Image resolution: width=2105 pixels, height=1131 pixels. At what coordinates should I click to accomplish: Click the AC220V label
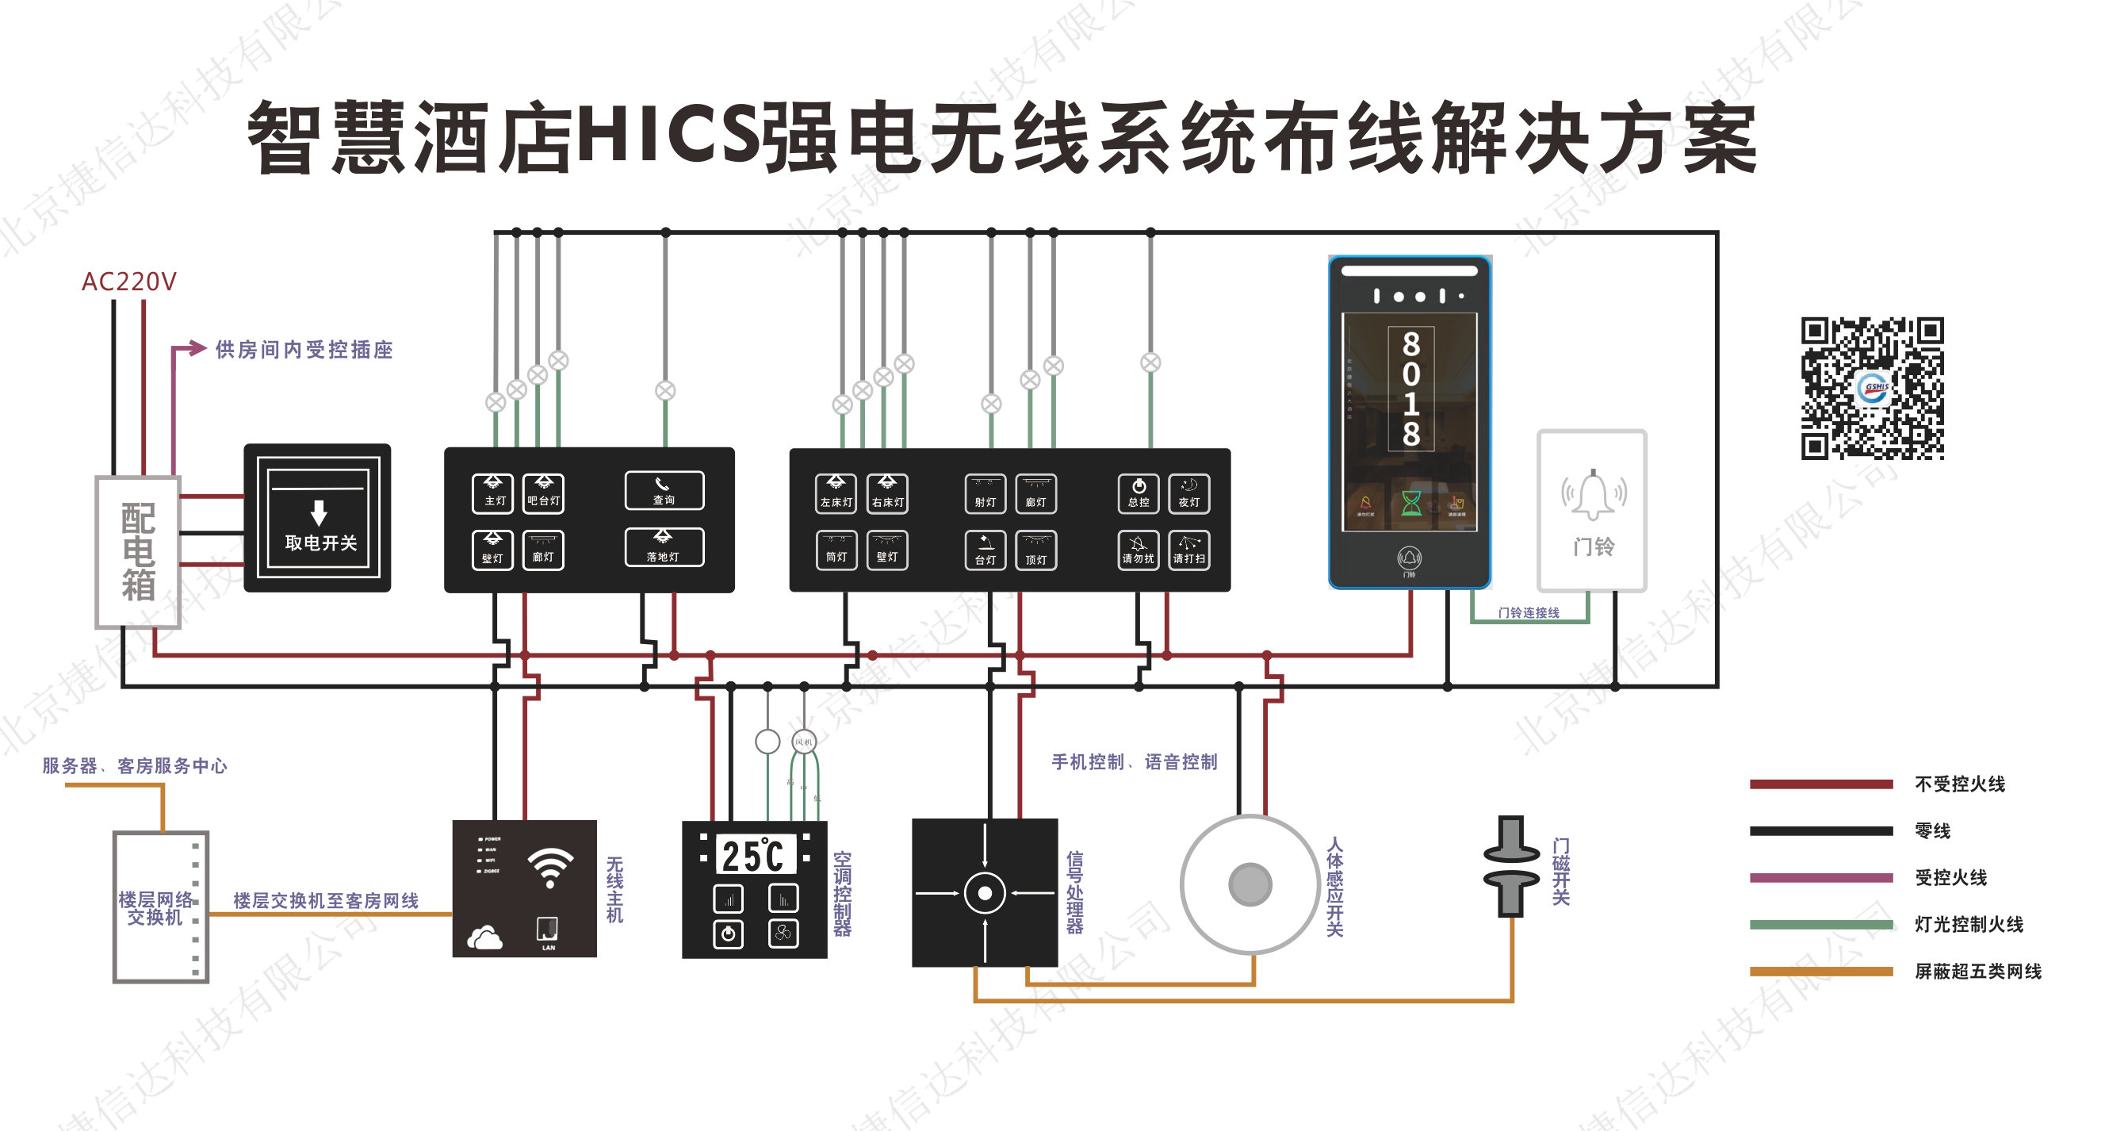coord(128,282)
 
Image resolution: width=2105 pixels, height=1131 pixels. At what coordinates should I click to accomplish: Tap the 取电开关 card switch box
coord(318,518)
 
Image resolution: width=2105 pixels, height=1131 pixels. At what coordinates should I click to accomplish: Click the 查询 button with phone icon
coord(664,490)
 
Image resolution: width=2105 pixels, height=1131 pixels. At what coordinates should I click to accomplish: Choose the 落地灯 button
coord(664,546)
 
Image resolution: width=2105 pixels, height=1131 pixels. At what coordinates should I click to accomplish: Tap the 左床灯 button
coord(836,493)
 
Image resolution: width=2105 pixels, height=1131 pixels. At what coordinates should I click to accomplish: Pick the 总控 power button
coord(1139,493)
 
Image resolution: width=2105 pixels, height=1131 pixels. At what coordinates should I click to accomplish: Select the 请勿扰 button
coord(1139,550)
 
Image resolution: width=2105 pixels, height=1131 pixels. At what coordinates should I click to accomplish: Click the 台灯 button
coord(986,550)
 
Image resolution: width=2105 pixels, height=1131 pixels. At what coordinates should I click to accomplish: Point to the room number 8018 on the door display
coord(1410,389)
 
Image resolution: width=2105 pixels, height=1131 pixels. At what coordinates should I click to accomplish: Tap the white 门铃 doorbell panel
coord(1592,510)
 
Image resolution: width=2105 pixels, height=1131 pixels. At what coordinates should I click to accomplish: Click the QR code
coord(1872,388)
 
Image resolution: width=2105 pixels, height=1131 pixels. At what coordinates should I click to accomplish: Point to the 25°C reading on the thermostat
coord(753,856)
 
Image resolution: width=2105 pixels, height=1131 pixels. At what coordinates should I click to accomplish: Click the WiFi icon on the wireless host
coord(550,867)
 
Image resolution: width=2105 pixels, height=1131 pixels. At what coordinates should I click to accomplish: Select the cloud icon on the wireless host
coord(484,938)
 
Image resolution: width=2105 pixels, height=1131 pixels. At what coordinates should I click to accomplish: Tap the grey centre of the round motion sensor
coord(1250,884)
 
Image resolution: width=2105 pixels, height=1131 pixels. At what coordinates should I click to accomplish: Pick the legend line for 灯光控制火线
coord(1820,924)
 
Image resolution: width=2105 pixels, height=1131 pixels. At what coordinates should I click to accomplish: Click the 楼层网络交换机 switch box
coord(161,907)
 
